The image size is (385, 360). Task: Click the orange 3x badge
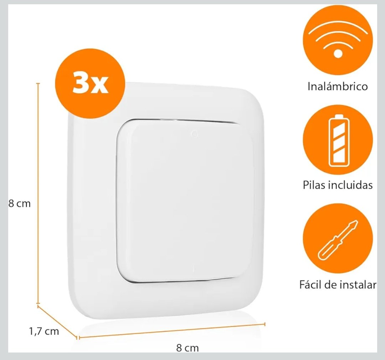point(90,83)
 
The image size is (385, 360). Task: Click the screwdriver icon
point(338,240)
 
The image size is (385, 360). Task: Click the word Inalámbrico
point(338,86)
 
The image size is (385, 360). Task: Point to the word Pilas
point(314,185)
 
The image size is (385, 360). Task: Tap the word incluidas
point(350,185)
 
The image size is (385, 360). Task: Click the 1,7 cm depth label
point(44,331)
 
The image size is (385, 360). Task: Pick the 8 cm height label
point(20,203)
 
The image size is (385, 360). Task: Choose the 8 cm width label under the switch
point(188,348)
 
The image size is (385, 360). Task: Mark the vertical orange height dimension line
point(38,194)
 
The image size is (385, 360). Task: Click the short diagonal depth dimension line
point(57,322)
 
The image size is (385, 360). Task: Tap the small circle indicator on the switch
point(195,134)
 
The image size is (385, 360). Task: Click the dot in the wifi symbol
point(338,54)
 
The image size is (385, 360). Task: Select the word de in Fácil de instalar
point(330,285)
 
